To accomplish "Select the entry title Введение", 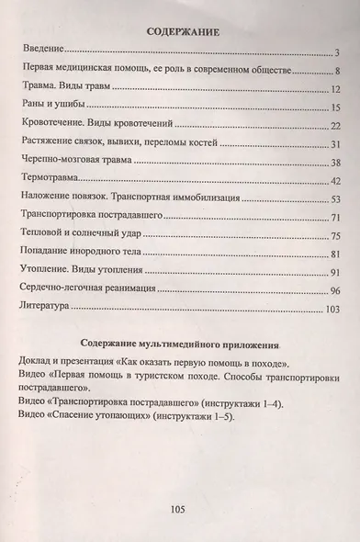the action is point(43,53).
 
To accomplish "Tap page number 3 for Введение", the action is point(338,53).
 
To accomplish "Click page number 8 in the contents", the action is point(338,72).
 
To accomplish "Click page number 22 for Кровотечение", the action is point(335,126).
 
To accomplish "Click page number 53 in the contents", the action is point(335,199).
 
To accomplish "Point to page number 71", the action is point(335,218).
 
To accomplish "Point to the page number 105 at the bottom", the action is point(180,509).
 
